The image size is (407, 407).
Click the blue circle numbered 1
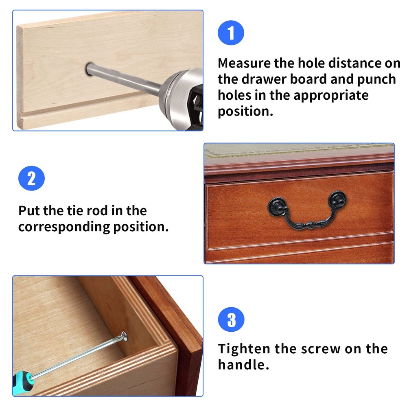point(231,33)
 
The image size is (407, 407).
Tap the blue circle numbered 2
point(31,179)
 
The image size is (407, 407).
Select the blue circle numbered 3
point(231,319)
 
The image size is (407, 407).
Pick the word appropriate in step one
point(331,95)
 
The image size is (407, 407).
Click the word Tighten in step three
point(244,349)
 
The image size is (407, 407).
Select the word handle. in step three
point(243,365)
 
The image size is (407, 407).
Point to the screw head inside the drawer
point(123,336)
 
